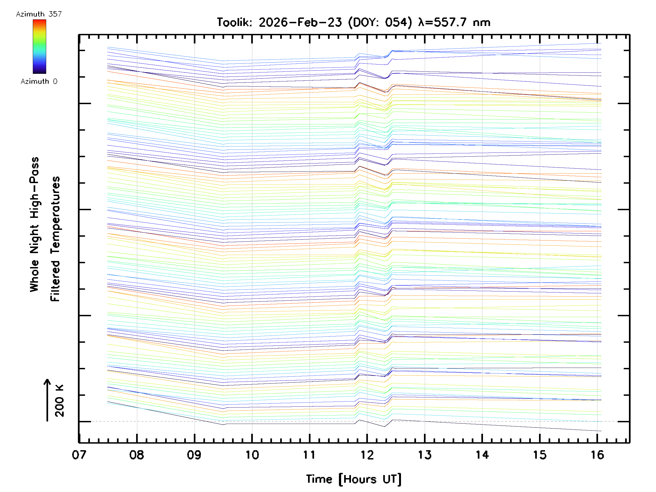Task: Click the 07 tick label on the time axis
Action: (x=79, y=455)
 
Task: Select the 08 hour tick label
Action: (x=136, y=455)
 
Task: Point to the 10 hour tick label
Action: (x=252, y=455)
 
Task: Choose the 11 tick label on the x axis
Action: (x=309, y=455)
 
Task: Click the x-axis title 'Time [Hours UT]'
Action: (x=353, y=479)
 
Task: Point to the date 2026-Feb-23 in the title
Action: (x=300, y=22)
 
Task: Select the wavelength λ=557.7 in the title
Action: (x=443, y=22)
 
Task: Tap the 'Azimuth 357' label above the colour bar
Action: (x=39, y=14)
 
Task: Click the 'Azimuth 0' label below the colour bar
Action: (x=39, y=81)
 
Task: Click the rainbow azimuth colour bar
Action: (x=39, y=46)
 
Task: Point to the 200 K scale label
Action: (x=60, y=401)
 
